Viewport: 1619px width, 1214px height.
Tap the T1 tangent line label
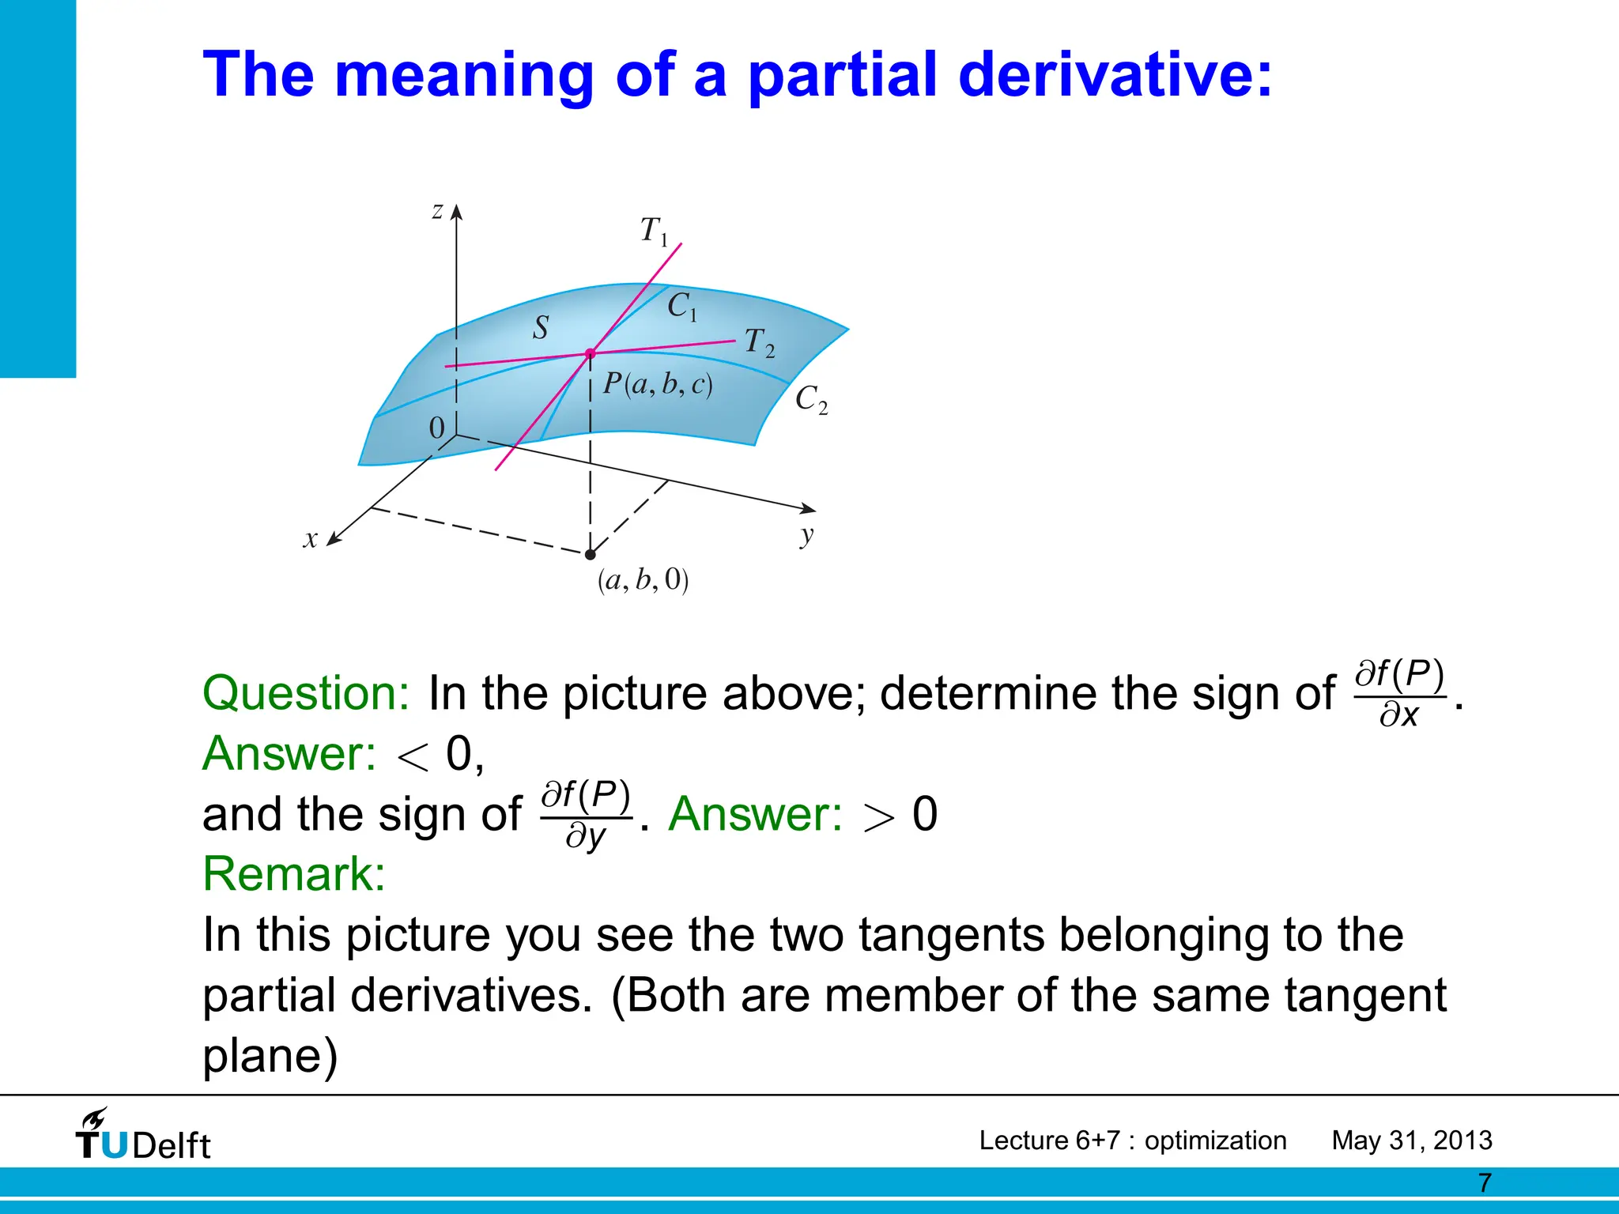point(654,231)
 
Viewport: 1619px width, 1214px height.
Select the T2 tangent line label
point(760,343)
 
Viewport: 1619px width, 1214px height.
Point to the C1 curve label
point(682,306)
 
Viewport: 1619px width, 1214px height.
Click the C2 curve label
point(810,399)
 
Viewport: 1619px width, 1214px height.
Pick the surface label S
point(541,327)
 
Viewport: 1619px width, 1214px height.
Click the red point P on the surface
point(590,354)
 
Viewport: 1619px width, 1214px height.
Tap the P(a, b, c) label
point(658,384)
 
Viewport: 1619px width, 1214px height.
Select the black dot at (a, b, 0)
point(590,554)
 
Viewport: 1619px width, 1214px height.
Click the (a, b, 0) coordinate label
point(643,580)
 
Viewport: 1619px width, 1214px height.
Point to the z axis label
point(437,210)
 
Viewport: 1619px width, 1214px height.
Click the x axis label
point(311,539)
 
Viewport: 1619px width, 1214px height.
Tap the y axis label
point(806,535)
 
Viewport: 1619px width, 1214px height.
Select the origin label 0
point(436,428)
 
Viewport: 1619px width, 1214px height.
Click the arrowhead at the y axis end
point(809,509)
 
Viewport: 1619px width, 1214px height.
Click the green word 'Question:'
point(306,693)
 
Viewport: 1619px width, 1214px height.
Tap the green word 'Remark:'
point(294,874)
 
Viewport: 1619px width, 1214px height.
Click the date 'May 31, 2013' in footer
point(1411,1140)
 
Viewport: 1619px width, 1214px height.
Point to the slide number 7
point(1485,1183)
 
